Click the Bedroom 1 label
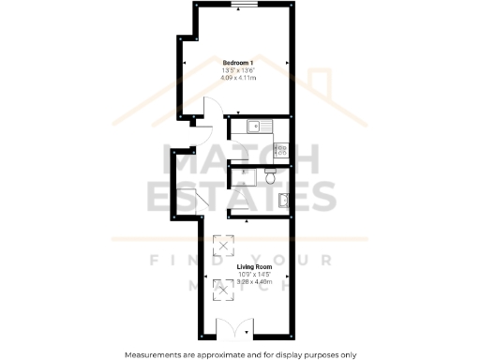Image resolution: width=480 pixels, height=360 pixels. (x=239, y=62)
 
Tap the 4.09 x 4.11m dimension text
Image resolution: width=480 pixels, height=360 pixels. (x=239, y=77)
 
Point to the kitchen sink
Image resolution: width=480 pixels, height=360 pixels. (x=256, y=127)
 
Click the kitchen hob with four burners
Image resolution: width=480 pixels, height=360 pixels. (x=280, y=147)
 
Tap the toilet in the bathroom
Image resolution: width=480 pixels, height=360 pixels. (x=270, y=176)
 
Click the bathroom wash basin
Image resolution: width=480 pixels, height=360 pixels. (x=282, y=199)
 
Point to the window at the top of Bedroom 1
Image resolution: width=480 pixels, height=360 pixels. (x=247, y=5)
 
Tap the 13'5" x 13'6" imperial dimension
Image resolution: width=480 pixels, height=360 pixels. (x=239, y=69)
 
